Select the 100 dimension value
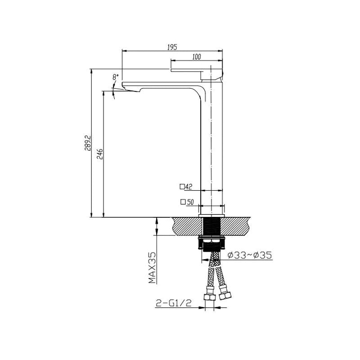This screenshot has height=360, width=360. (x=196, y=57)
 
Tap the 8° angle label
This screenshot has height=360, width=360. (x=116, y=77)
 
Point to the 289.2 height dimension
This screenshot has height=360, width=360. (x=88, y=144)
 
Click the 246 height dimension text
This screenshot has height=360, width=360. (x=100, y=154)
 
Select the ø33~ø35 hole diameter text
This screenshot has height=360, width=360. (x=250, y=255)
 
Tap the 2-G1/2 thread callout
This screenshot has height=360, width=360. (x=174, y=304)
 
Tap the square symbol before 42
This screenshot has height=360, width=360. (x=182, y=186)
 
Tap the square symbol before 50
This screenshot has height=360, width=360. (x=183, y=202)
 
